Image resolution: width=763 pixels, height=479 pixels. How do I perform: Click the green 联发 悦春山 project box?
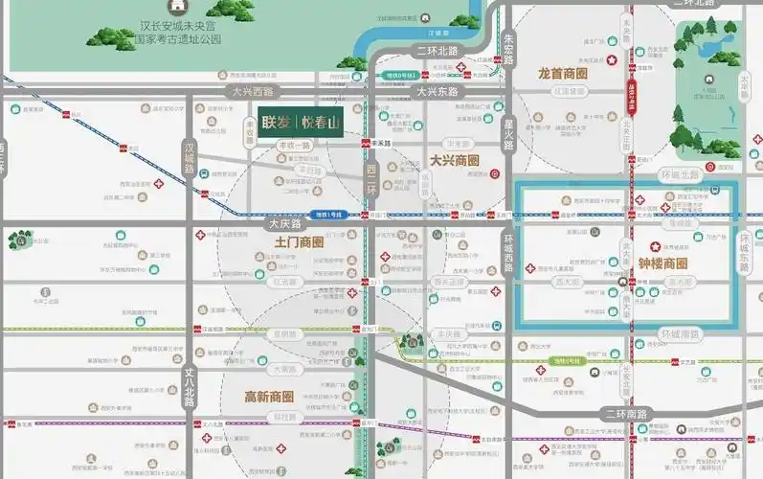[x=300, y=122]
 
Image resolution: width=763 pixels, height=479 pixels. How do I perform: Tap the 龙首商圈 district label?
[x=562, y=73]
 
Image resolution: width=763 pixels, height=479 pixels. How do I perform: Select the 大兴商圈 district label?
[x=453, y=160]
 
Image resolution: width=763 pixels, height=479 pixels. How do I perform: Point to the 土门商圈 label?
[x=299, y=242]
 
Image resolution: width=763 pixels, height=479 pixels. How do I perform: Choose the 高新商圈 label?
[x=268, y=397]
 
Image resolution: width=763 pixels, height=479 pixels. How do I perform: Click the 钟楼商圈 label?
[x=662, y=263]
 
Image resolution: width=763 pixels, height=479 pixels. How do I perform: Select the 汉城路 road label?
[x=189, y=158]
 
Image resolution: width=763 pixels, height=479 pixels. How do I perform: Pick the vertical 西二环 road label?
[x=371, y=178]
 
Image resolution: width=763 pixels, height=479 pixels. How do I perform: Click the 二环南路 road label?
[x=627, y=413]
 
